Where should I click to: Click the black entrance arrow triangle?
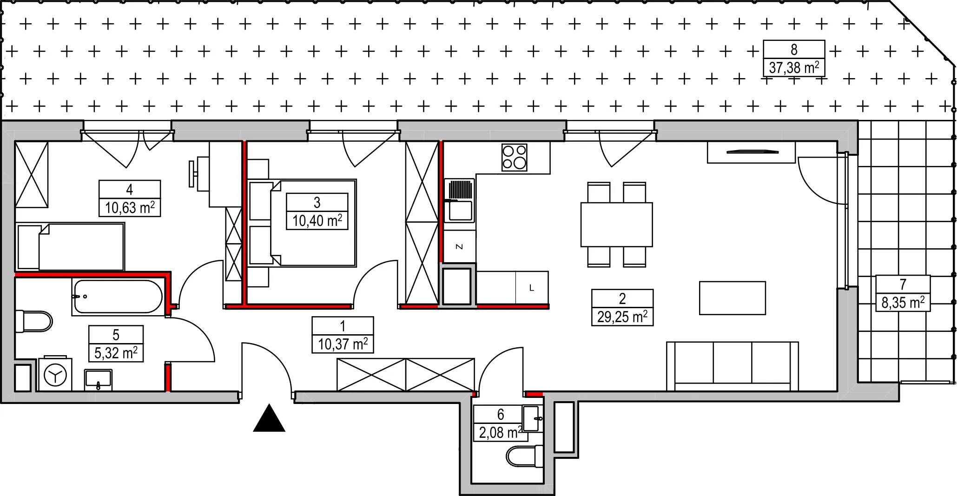pos(269,418)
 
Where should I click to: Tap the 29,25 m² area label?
pos(622,317)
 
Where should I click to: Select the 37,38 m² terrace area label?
pos(794,68)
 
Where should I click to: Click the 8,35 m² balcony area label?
pos(903,303)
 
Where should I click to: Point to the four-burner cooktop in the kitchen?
pos(515,157)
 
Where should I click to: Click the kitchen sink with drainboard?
pos(459,201)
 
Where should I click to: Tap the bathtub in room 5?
pos(118,296)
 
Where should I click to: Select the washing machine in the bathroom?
pos(55,374)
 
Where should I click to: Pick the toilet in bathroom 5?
pos(33,322)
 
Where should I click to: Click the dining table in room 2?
pos(616,225)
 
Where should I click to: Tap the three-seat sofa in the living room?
pos(732,366)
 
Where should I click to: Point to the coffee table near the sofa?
pos(732,298)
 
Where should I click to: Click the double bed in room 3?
pos(302,223)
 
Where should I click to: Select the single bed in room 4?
pos(70,247)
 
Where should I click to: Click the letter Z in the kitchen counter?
pos(459,247)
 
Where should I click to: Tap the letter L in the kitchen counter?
pos(532,288)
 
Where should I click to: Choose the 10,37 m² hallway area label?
pos(343,344)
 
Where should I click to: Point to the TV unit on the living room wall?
pos(751,152)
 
